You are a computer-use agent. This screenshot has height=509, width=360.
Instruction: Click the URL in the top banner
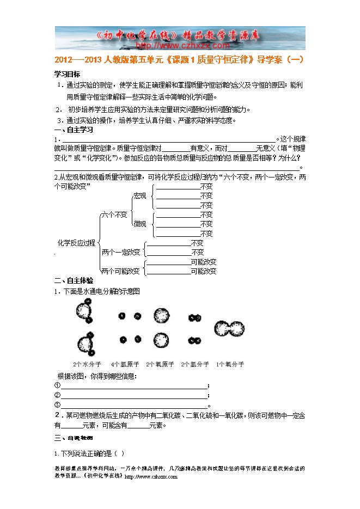[x=180, y=46]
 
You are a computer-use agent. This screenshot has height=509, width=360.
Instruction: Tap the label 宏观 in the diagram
[x=140, y=195]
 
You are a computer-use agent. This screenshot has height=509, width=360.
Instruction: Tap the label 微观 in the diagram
[x=140, y=224]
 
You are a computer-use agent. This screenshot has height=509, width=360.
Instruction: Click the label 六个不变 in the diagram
[x=114, y=214]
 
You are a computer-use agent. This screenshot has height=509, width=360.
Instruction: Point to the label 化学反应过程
[x=76, y=242]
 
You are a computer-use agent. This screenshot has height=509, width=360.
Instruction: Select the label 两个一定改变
[x=121, y=252]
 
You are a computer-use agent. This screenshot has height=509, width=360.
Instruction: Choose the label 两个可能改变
[x=120, y=271]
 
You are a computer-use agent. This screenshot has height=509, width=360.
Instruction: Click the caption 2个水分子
[x=87, y=364]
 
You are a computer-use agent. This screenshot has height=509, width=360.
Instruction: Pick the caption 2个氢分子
[x=195, y=364]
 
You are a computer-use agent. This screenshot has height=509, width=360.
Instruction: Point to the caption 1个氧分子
[x=230, y=364]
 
